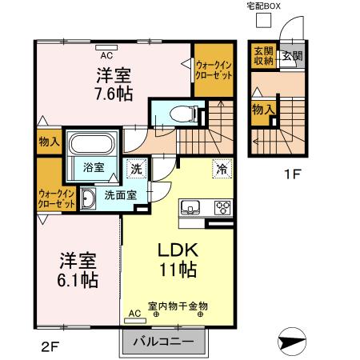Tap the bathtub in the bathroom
93,146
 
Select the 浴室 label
94,167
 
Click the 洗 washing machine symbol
137,169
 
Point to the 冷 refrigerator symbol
219,169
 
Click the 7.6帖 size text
115,94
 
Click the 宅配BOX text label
263,6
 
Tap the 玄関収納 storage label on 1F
263,55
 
